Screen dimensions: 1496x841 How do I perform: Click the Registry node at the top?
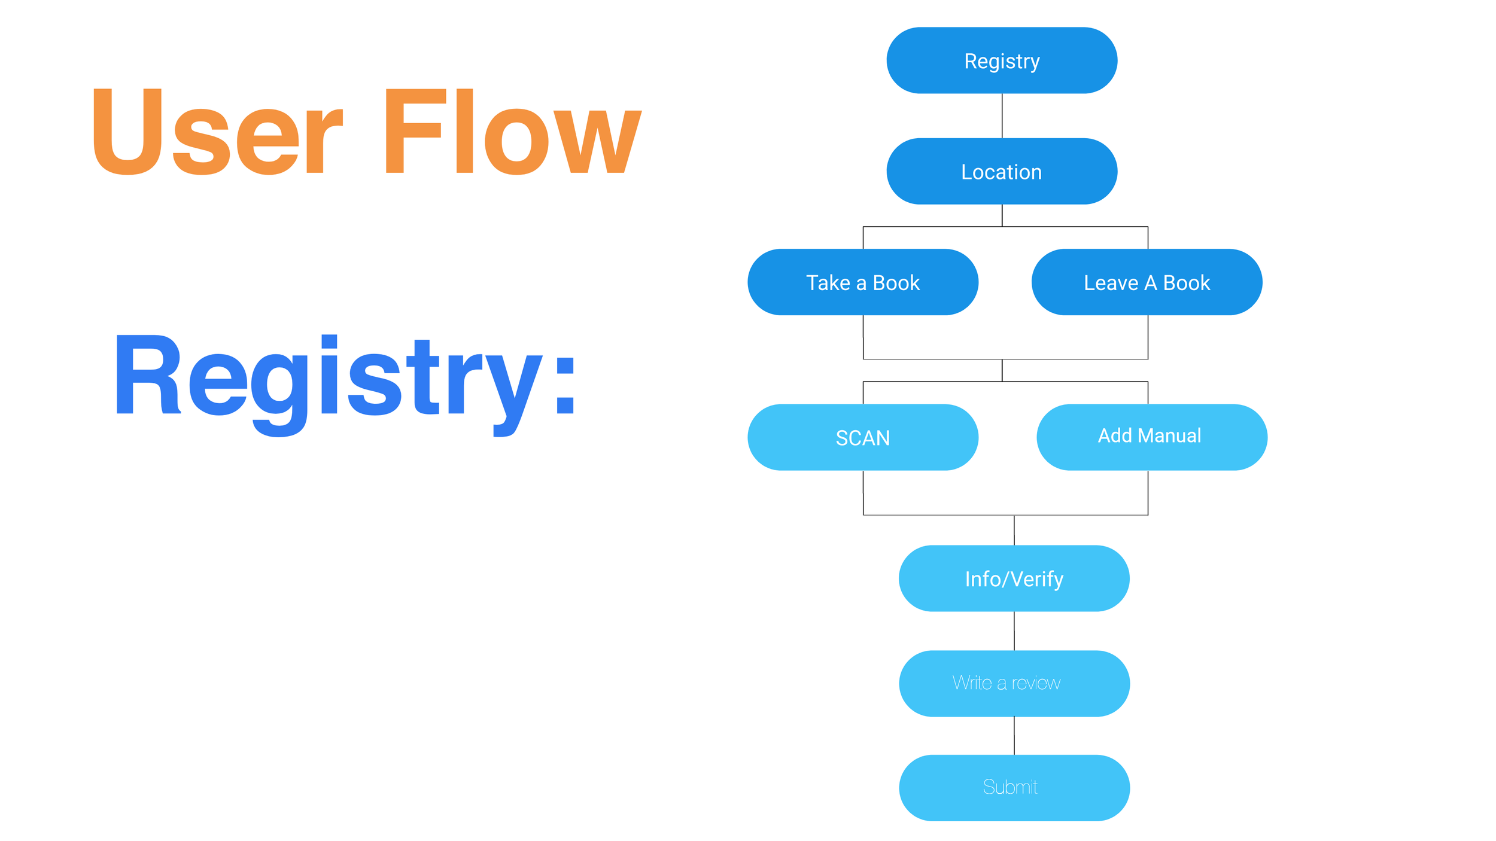(x=1002, y=60)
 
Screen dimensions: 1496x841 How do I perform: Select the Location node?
(x=1002, y=172)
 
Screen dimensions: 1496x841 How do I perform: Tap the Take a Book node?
(x=863, y=282)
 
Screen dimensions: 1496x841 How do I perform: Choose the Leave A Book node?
(x=1147, y=282)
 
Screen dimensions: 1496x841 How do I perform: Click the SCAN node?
(x=863, y=437)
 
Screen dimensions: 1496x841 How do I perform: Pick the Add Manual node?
(x=1152, y=437)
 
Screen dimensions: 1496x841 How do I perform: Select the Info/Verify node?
(x=1014, y=578)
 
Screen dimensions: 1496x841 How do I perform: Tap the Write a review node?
(x=1014, y=684)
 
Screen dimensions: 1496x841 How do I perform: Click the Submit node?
(x=1014, y=788)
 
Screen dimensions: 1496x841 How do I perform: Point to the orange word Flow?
(x=513, y=132)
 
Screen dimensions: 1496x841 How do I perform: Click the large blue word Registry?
(x=329, y=386)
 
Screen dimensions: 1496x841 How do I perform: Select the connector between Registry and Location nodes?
(x=1002, y=116)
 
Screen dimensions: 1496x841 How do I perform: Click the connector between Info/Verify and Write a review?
(x=1014, y=631)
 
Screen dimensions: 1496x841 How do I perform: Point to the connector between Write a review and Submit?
(x=1014, y=736)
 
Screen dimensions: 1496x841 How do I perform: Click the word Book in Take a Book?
(x=896, y=283)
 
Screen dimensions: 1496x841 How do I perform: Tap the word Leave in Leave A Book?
(x=1111, y=283)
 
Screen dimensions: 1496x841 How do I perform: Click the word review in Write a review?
(x=1036, y=683)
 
